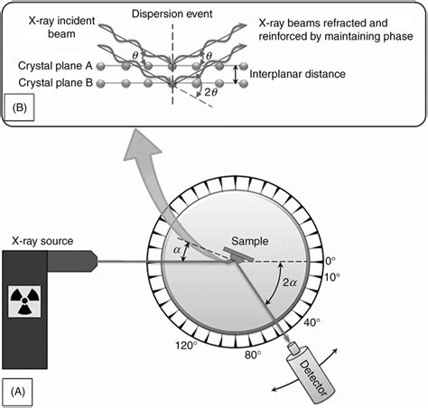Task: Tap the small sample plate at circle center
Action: point(236,256)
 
